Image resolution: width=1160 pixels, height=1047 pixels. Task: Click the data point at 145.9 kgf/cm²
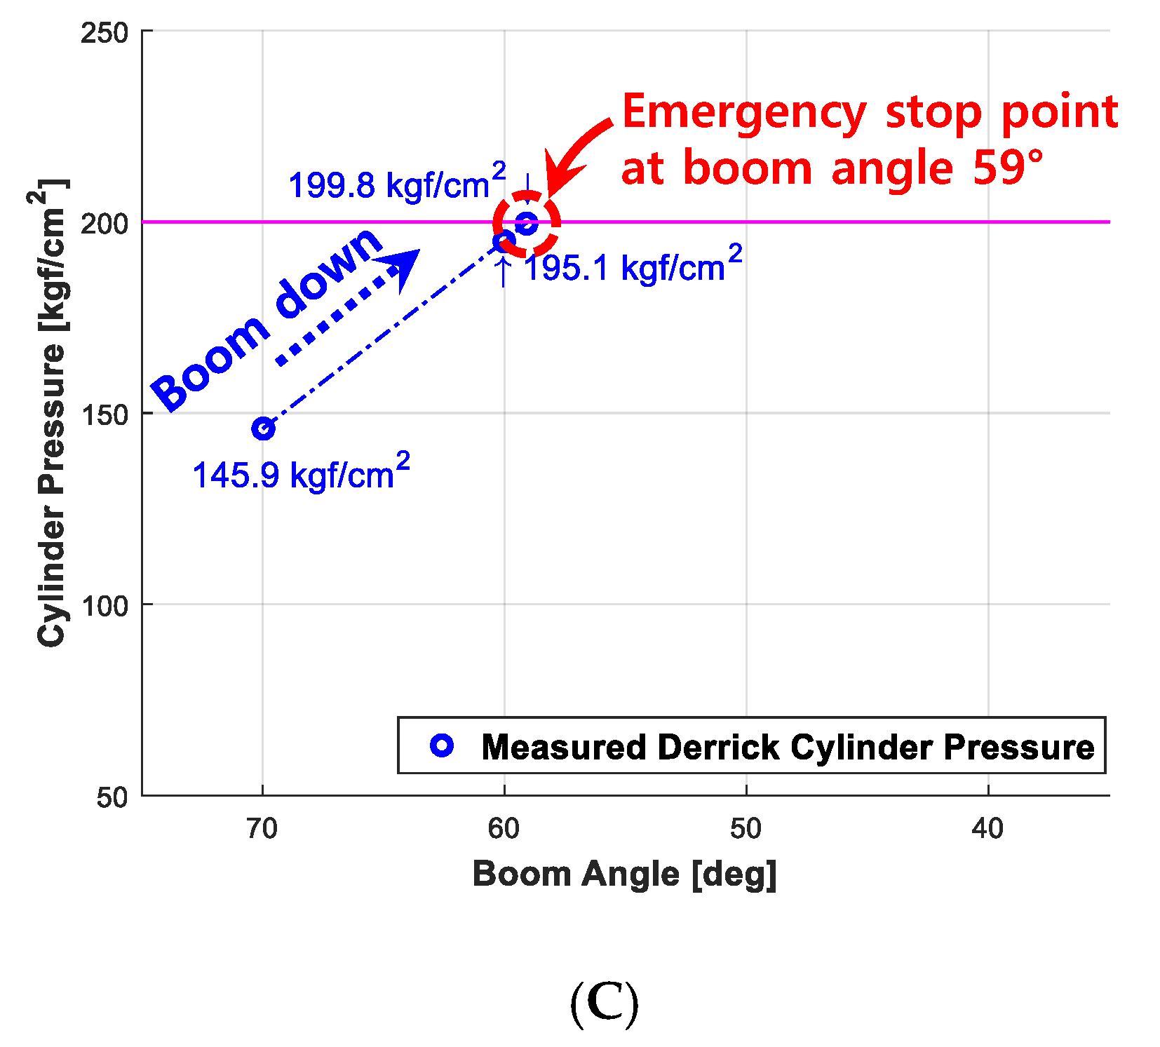point(263,428)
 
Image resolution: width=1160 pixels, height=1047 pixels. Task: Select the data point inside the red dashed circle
point(527,224)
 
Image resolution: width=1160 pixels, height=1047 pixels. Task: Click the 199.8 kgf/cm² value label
point(397,184)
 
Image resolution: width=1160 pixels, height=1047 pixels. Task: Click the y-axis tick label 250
point(104,32)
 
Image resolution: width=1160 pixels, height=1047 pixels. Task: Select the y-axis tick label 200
point(104,224)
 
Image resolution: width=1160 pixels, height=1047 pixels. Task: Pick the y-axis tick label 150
point(104,414)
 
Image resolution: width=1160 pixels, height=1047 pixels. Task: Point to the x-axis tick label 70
point(262,829)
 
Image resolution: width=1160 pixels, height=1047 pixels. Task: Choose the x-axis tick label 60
point(504,829)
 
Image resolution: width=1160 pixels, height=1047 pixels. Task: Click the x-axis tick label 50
point(746,829)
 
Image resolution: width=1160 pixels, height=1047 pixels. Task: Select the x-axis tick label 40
point(987,829)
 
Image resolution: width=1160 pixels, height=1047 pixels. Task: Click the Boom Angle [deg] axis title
point(624,874)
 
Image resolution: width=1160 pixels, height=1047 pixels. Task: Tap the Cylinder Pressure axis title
point(50,414)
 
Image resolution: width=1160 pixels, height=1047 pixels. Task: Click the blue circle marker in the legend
point(442,745)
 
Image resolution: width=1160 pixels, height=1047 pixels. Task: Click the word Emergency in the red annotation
point(743,112)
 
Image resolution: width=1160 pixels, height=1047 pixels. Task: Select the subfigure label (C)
point(604,1004)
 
